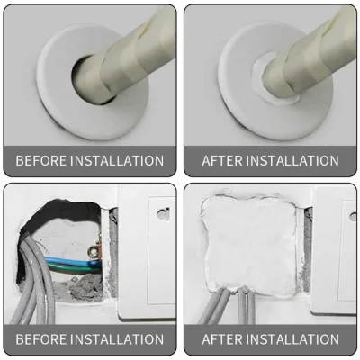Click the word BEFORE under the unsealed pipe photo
coord(39,161)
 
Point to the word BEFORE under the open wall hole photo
coord(39,339)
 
